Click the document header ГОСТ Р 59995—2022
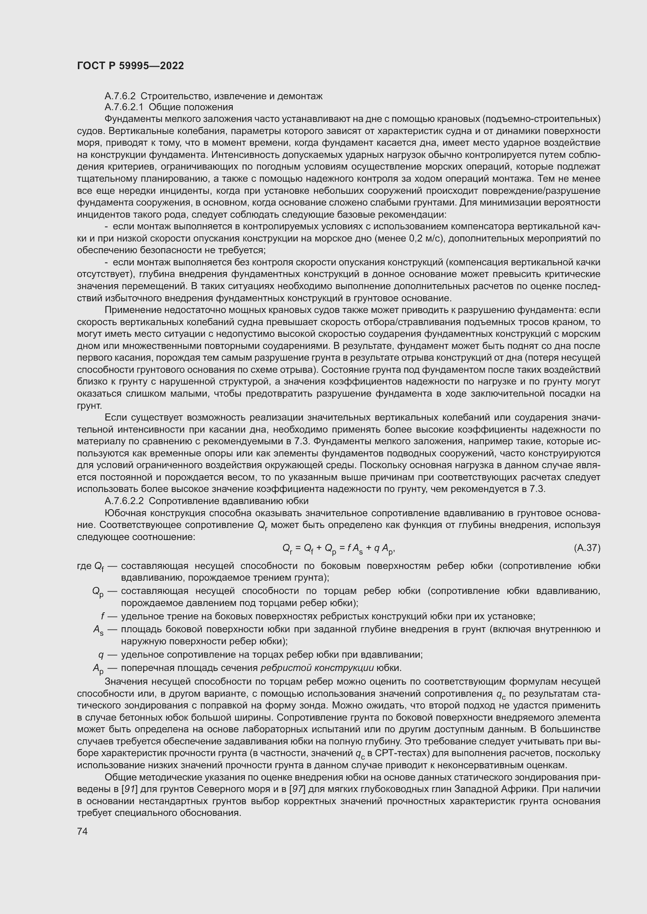coord(130,66)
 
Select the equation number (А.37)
coord(587,548)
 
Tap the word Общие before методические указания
coord(119,777)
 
